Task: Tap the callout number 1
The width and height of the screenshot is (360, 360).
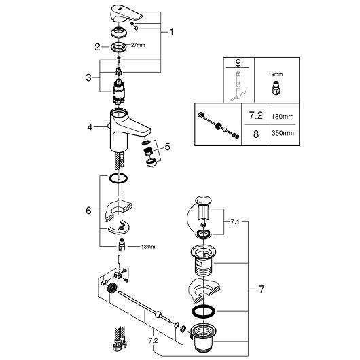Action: tap(171, 32)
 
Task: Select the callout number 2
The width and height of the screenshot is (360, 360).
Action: tap(97, 47)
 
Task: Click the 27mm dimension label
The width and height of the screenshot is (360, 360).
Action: tap(138, 46)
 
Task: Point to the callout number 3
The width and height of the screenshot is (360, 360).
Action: tap(88, 77)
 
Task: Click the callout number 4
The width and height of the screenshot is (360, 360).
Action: tap(90, 127)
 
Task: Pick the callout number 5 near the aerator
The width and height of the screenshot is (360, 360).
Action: tap(167, 147)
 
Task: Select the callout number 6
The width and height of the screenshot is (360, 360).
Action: tap(88, 211)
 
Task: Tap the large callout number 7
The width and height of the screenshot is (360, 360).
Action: tap(262, 289)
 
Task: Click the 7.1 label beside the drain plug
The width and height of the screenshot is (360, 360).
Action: tap(234, 222)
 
